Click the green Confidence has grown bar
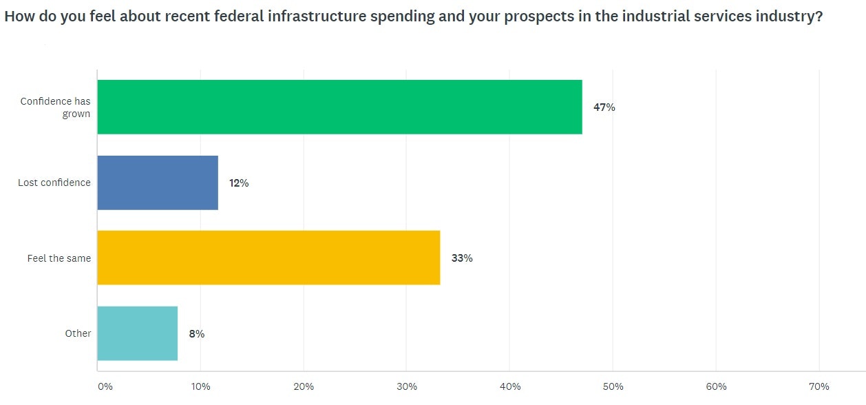coord(339,107)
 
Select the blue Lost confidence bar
coord(158,183)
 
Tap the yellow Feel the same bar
coord(268,258)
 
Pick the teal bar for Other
coord(138,333)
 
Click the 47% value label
coord(604,107)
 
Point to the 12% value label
coord(238,183)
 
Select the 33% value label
coord(461,258)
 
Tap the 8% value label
coord(197,334)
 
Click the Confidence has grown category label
coord(55,107)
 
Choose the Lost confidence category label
coord(54,183)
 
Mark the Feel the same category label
coord(59,258)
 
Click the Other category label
coord(78,333)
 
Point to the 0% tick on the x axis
coord(105,386)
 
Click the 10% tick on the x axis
coord(200,386)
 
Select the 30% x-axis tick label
coord(407,386)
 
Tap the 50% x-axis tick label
coord(613,386)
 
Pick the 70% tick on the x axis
coord(819,386)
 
